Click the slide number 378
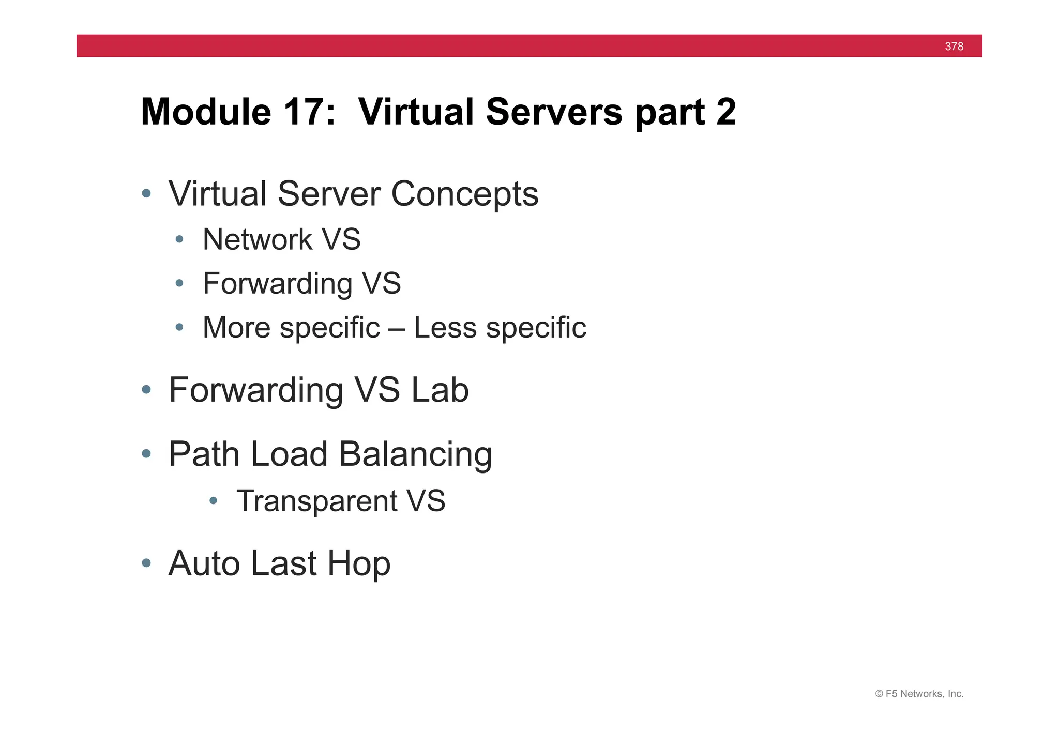(x=954, y=47)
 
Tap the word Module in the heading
(x=206, y=112)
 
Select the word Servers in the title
(x=554, y=112)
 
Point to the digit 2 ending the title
(x=726, y=112)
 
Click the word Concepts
(x=464, y=194)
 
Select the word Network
(x=257, y=239)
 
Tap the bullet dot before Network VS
(x=179, y=239)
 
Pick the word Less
(x=445, y=328)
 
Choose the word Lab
(x=440, y=390)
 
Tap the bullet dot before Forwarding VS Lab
(x=146, y=390)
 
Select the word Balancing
(x=415, y=455)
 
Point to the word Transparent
(x=316, y=501)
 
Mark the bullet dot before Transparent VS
(x=213, y=501)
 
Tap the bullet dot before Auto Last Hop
(x=146, y=563)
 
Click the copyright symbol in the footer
(x=879, y=694)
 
